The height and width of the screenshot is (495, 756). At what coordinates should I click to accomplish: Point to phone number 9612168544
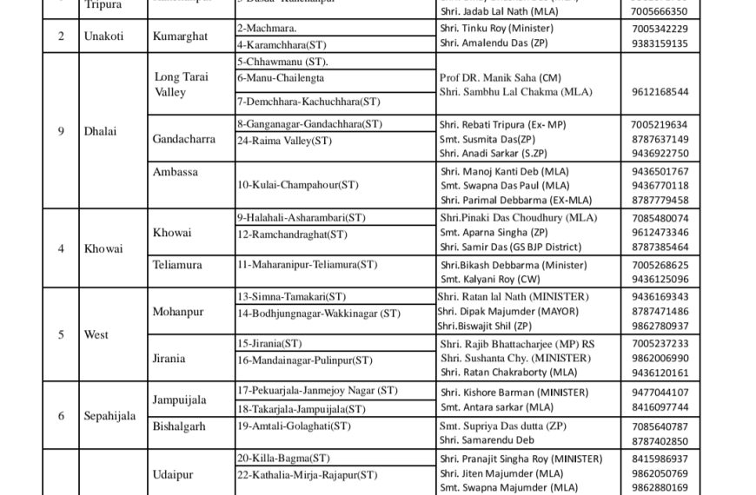coord(660,91)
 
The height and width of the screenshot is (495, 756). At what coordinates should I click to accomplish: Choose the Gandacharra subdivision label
coord(184,139)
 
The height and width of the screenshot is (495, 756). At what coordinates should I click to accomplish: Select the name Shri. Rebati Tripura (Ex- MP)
coord(502,125)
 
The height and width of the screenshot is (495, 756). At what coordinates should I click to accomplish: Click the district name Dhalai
coord(99,131)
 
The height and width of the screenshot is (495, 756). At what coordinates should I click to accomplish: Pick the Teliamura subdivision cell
coord(179,264)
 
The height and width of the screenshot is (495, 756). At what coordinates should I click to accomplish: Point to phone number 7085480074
coord(660,217)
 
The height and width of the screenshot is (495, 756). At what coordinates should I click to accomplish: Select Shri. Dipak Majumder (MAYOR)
coord(502,311)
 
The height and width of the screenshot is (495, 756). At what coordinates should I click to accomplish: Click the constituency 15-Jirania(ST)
coord(269,344)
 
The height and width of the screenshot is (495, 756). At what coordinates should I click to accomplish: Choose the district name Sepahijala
coord(109,416)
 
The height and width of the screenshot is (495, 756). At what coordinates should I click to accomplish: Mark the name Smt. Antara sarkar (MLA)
coord(496,407)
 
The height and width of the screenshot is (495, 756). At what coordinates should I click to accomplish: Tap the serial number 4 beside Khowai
coord(61,248)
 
